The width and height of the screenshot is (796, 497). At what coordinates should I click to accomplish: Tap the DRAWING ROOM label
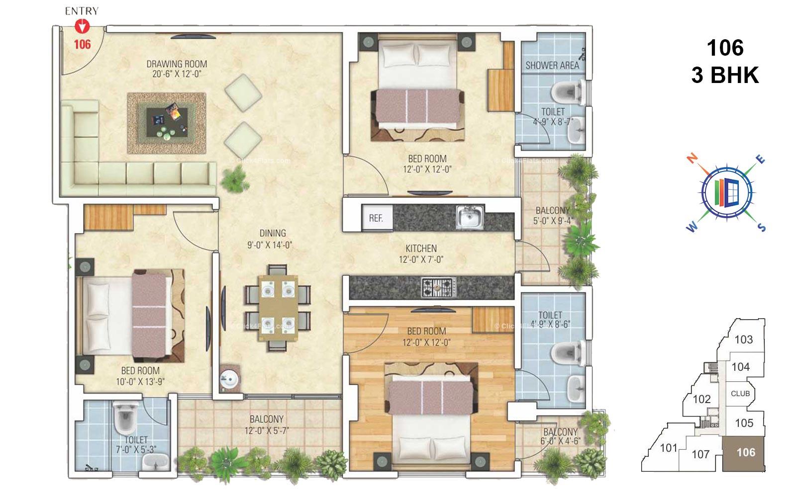[x=177, y=64]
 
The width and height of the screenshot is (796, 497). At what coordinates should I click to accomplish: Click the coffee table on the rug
[x=167, y=121]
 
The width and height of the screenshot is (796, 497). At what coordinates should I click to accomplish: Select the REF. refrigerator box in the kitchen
[x=377, y=218]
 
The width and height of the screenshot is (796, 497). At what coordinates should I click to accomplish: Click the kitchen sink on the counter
[x=470, y=217]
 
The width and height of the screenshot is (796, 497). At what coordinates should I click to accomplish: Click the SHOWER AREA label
[x=552, y=65]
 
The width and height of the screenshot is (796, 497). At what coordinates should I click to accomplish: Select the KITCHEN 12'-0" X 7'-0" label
[x=421, y=253]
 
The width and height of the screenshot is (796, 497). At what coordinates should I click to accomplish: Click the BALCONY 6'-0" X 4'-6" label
[x=560, y=436]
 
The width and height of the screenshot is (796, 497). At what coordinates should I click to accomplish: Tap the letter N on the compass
[x=692, y=158]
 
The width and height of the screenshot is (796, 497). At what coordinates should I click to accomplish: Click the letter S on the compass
[x=761, y=228]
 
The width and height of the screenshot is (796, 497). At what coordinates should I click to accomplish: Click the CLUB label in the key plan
[x=740, y=394]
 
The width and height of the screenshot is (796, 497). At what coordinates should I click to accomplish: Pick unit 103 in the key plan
[x=743, y=340]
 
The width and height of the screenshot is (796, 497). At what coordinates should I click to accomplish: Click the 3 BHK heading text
[x=725, y=76]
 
